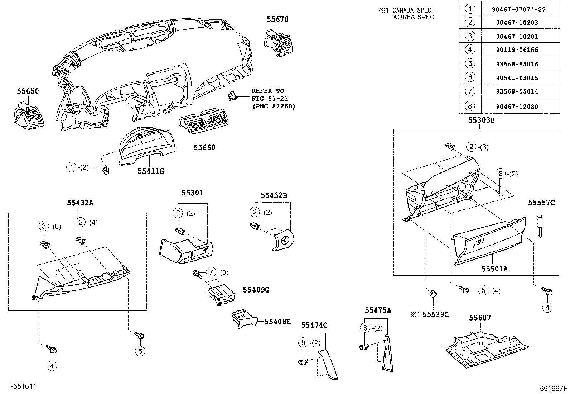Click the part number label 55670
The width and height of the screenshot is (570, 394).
click(x=277, y=19)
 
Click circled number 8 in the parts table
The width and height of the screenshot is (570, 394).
click(x=470, y=106)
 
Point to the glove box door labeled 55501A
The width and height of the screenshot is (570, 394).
click(x=489, y=244)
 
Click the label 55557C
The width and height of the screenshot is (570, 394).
click(x=541, y=203)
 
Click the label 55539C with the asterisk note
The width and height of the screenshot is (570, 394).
click(x=435, y=314)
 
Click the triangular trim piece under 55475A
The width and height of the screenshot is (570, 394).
click(x=387, y=353)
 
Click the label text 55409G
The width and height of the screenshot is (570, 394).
click(x=256, y=290)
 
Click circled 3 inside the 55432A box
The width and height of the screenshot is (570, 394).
click(x=43, y=226)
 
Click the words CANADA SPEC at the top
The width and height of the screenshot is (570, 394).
click(x=412, y=10)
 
